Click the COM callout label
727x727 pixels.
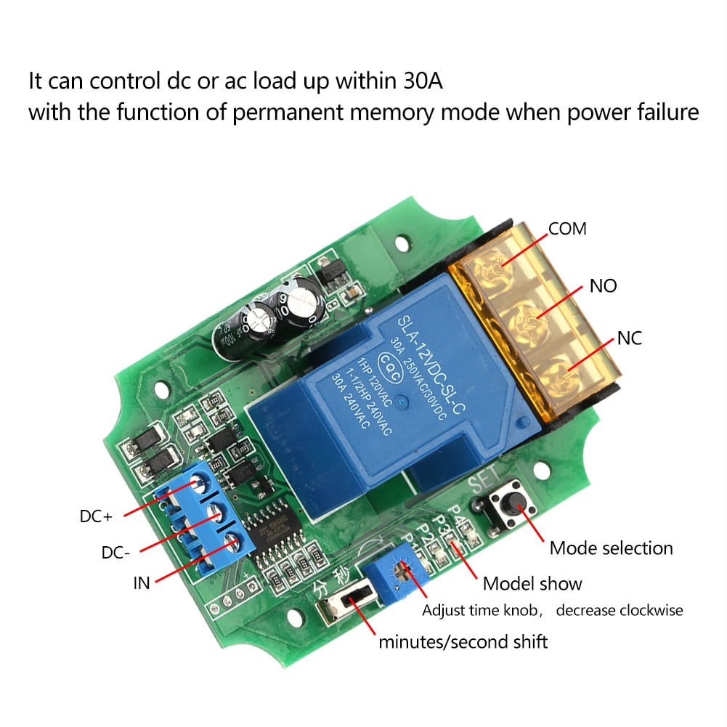[567, 230]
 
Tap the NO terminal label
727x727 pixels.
[603, 286]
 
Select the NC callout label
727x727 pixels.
[629, 338]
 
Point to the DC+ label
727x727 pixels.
[96, 518]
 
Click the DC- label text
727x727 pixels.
[116, 553]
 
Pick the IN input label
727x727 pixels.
[141, 582]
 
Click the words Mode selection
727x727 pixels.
[611, 548]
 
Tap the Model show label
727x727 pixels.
[532, 583]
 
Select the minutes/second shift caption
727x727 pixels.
[463, 642]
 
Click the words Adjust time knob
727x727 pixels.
[481, 611]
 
